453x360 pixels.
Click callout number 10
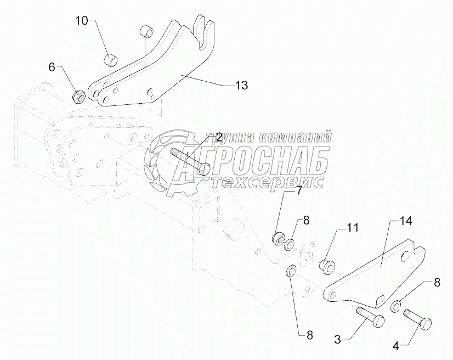(81, 21)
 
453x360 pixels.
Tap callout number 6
(52, 67)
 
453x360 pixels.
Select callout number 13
(241, 85)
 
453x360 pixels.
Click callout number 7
(299, 191)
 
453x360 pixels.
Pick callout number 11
(352, 226)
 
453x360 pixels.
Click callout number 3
(338, 340)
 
